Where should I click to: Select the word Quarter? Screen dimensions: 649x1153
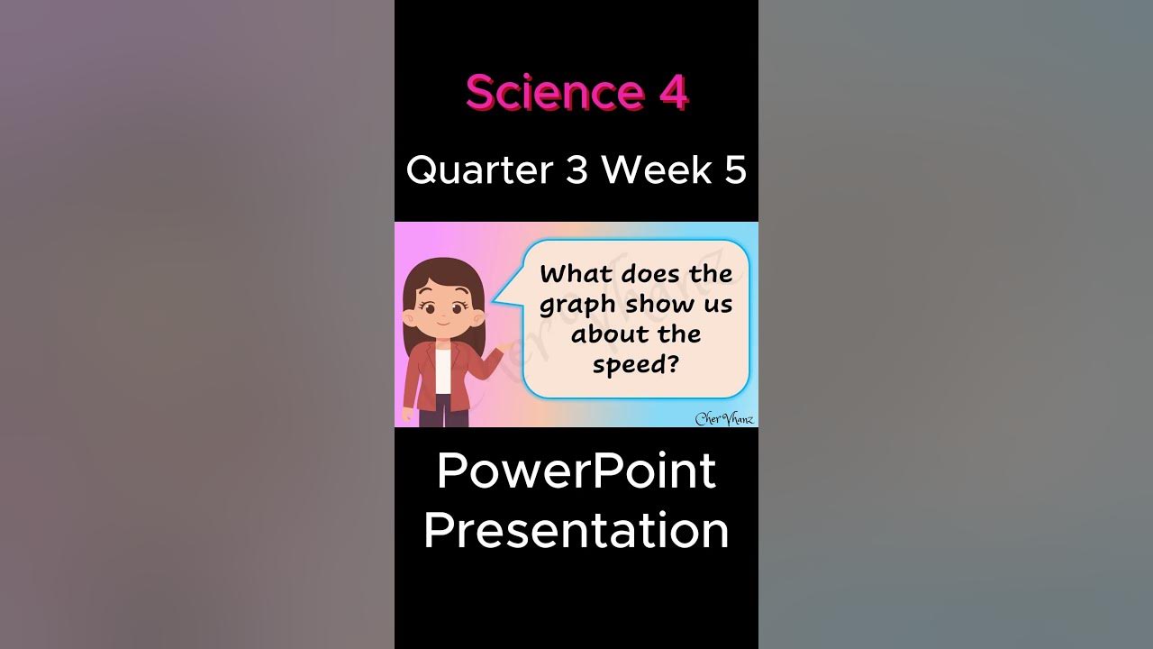click(479, 169)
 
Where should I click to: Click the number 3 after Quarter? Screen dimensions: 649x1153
click(576, 169)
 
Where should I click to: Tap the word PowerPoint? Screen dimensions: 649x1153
click(576, 471)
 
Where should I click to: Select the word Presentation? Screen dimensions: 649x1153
click(576, 529)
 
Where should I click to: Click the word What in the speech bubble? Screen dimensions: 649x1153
click(576, 274)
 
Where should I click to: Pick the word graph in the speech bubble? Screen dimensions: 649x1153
click(579, 306)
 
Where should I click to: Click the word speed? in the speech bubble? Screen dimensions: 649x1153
click(635, 365)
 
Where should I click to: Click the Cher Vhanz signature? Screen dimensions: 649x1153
click(724, 417)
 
